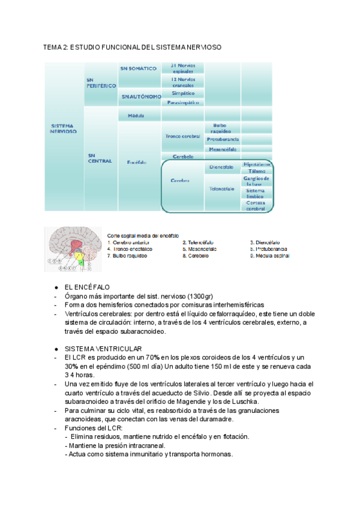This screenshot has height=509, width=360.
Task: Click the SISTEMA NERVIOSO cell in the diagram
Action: coord(64,128)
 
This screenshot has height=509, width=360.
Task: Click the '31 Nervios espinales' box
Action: coord(182,68)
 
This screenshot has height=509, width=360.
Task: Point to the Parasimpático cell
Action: coord(182,103)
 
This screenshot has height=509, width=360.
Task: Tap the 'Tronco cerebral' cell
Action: coord(182,136)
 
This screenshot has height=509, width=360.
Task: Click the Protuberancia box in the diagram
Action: coord(223,139)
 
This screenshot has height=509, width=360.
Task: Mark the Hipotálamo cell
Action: coord(257,164)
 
